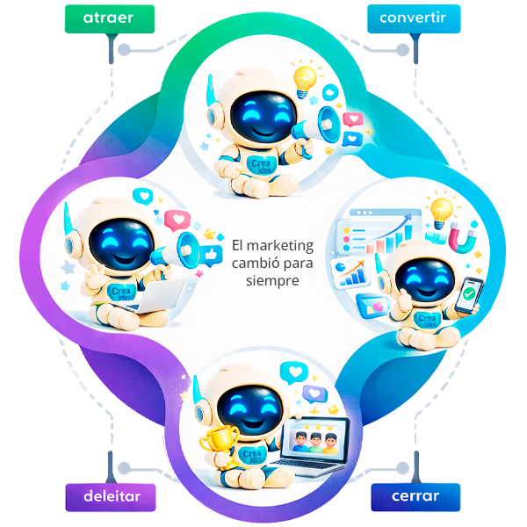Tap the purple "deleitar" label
click(110, 496)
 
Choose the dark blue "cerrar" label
click(415, 496)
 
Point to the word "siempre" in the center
click(273, 282)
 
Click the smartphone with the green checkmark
click(471, 294)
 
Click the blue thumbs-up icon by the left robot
click(211, 254)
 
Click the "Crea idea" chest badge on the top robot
click(260, 163)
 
